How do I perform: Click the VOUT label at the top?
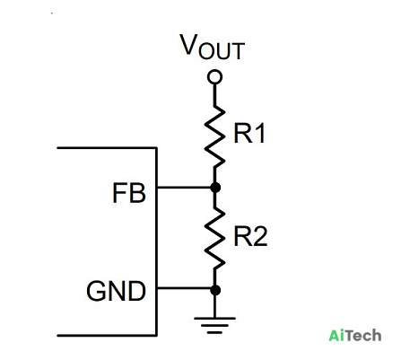[212, 47]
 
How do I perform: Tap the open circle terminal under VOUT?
[214, 77]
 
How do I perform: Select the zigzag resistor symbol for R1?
[214, 136]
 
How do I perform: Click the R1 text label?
[249, 134]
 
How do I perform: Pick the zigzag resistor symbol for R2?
[214, 238]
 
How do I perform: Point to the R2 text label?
[250, 236]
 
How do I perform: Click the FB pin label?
[129, 193]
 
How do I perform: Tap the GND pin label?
[116, 291]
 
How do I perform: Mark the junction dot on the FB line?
[215, 188]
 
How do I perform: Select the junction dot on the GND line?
[215, 290]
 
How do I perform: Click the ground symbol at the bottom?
[214, 325]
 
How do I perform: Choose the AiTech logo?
[355, 335]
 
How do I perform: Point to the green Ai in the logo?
[335, 335]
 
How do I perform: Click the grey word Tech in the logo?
[362, 336]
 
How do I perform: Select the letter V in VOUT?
[188, 44]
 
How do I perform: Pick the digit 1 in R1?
[260, 134]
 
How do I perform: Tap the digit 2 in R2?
[260, 236]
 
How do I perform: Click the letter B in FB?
[138, 193]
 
